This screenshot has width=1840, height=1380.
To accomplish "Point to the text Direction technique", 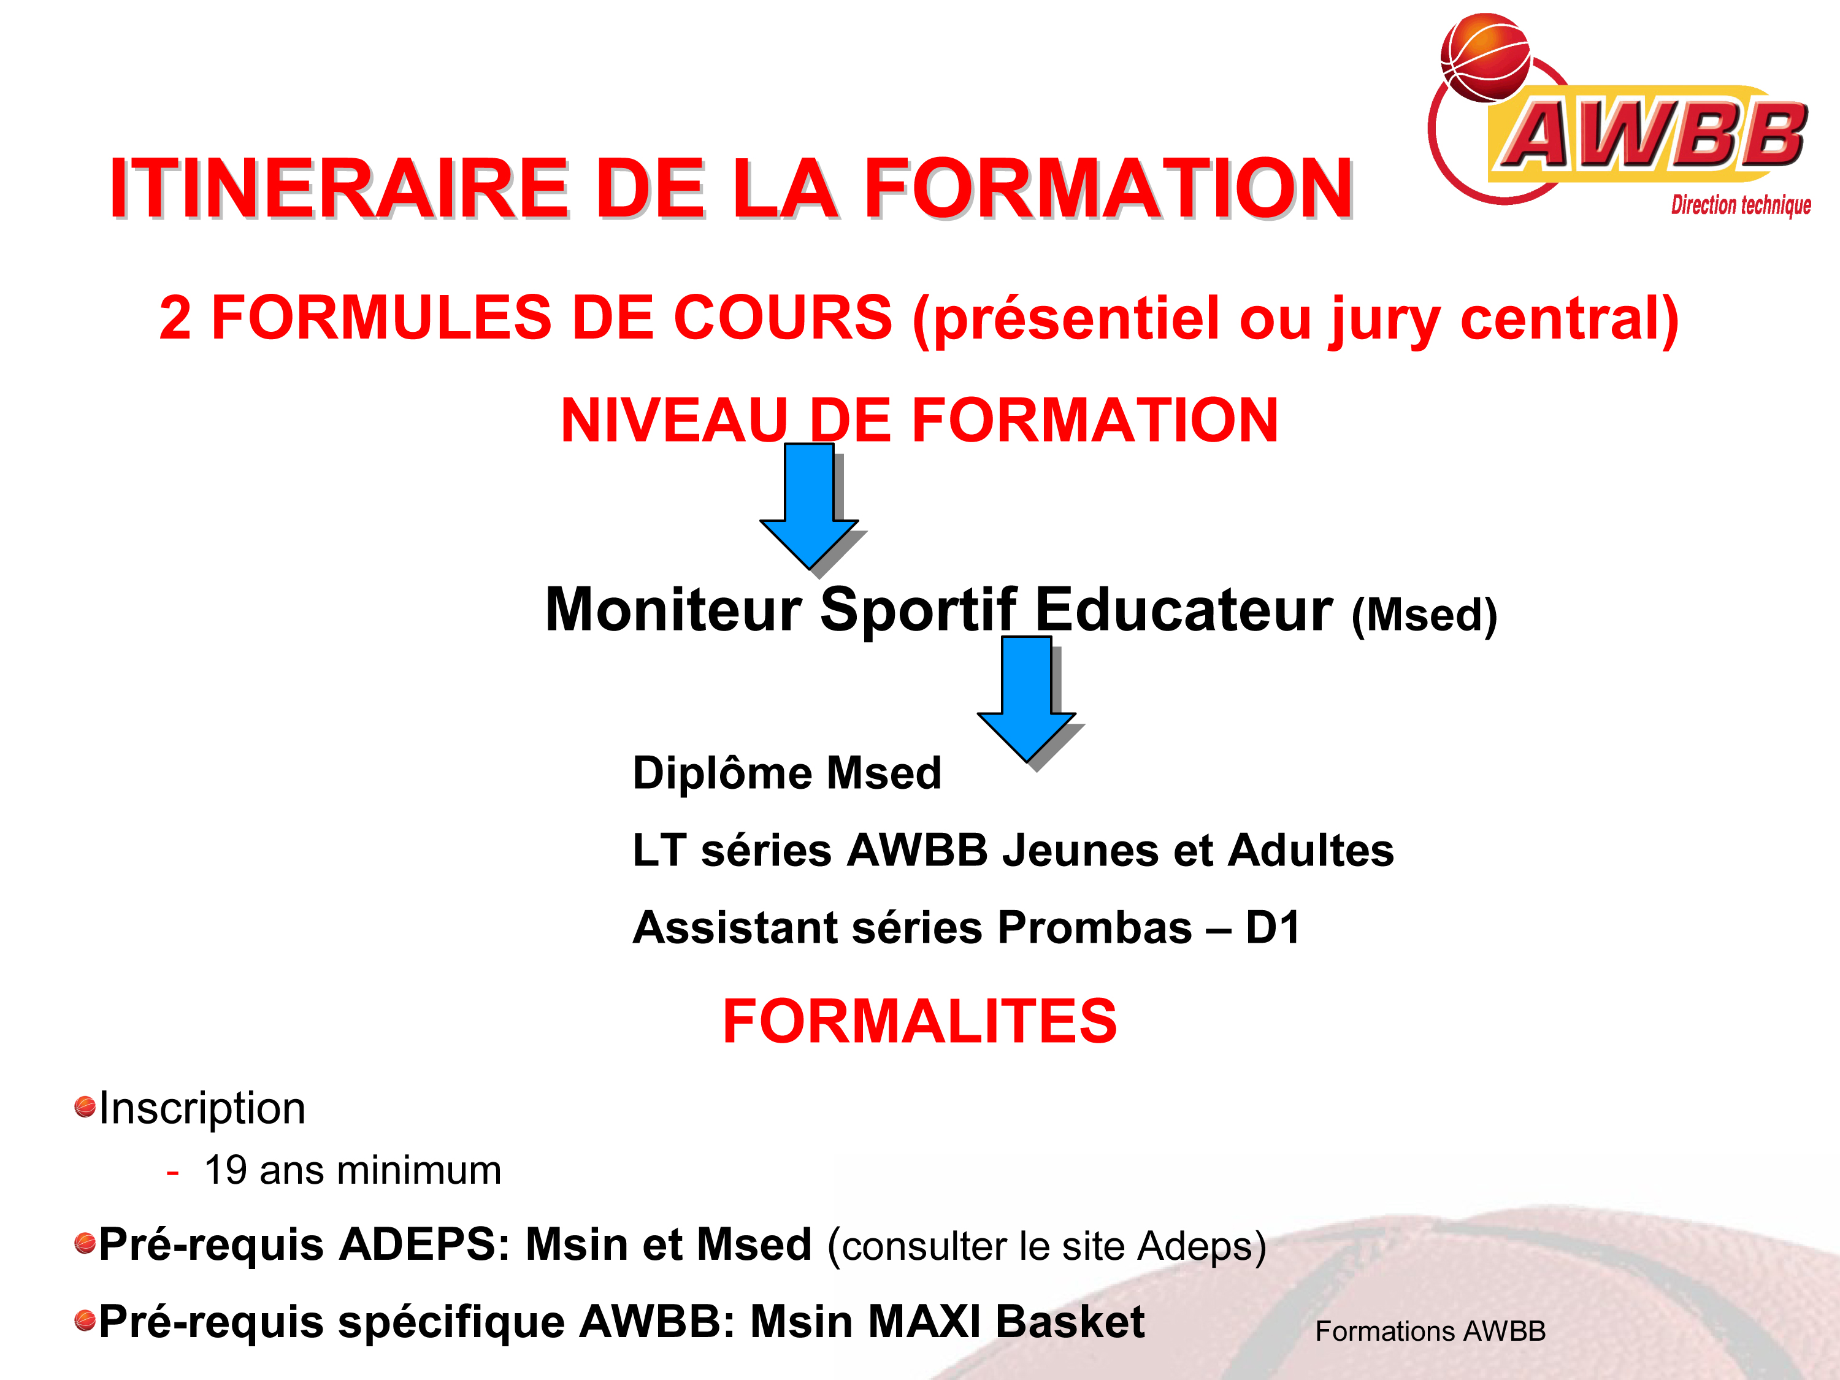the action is click(1741, 205).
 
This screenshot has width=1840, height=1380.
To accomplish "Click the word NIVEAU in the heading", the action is click(675, 420).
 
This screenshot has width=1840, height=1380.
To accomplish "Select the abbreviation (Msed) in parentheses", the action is click(1424, 616).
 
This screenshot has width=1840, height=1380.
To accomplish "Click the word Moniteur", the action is click(673, 610).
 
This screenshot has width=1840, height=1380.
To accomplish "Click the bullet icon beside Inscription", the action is click(85, 1107).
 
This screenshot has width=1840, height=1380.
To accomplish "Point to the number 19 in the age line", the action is click(226, 1170).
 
